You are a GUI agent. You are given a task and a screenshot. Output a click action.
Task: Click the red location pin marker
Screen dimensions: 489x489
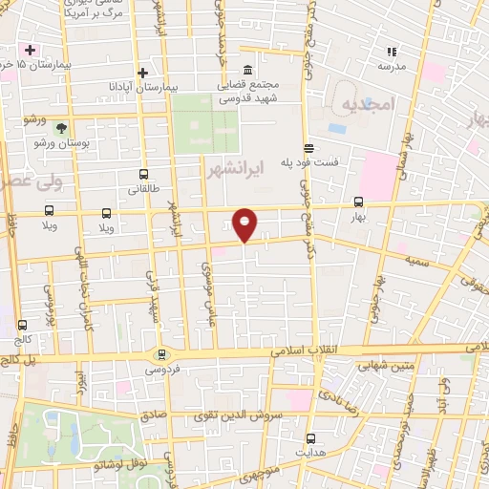click(x=245, y=223)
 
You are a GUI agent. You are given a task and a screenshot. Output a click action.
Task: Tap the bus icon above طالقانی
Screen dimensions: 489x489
click(x=143, y=174)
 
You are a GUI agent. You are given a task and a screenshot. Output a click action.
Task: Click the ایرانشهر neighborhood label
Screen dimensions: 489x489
click(x=232, y=168)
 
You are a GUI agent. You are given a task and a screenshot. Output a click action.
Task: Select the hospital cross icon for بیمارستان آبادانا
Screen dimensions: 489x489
click(x=142, y=73)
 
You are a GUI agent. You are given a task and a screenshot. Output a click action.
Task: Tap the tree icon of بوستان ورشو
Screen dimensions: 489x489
click(x=61, y=127)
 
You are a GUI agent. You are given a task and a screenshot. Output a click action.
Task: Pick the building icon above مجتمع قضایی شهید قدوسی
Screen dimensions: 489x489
click(x=248, y=71)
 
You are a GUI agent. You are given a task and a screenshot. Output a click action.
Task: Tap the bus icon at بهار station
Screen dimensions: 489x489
click(x=359, y=202)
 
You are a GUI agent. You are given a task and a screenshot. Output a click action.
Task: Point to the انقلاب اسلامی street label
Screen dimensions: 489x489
click(x=302, y=351)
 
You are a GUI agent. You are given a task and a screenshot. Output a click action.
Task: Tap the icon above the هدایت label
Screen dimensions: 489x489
click(x=309, y=438)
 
